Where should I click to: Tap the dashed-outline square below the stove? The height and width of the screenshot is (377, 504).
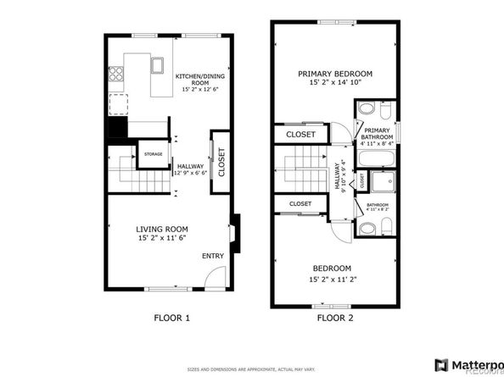click(x=119, y=104)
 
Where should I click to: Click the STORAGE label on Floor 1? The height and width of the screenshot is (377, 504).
click(x=153, y=154)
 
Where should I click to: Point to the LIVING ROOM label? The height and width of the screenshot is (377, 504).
click(x=162, y=229)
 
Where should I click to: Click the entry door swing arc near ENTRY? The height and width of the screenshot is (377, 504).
click(x=217, y=277)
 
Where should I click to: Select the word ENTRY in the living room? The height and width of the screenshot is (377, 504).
click(x=212, y=256)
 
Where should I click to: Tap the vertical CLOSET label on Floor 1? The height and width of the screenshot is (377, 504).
click(x=221, y=162)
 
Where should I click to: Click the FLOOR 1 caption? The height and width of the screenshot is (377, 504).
click(x=171, y=319)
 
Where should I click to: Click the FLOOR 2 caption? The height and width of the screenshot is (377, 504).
click(x=335, y=319)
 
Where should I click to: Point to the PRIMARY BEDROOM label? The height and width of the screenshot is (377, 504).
click(x=335, y=74)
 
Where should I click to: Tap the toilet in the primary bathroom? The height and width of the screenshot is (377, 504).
click(x=366, y=110)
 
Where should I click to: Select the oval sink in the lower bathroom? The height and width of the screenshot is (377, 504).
click(x=367, y=228)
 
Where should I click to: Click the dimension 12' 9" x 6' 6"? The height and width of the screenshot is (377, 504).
click(x=192, y=173)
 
